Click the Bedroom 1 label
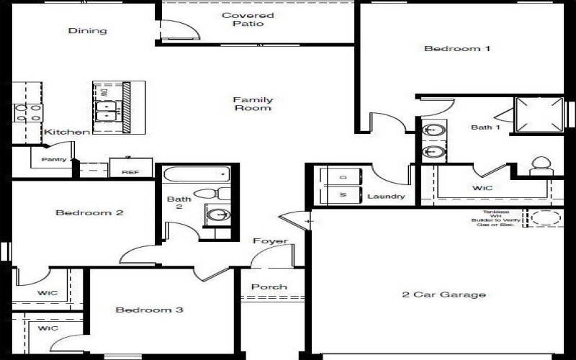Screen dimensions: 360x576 (457, 49)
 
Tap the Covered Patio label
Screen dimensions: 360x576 (248, 19)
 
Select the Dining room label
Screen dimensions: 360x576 (88, 31)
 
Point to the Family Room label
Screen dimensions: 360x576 (253, 104)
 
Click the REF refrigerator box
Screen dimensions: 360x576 (130, 171)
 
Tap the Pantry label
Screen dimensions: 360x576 (54, 159)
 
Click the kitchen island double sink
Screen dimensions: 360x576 (108, 110)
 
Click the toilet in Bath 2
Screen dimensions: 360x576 (210, 193)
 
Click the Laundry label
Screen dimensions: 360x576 (386, 196)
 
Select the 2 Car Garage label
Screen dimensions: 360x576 (443, 294)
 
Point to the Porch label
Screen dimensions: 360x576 (269, 287)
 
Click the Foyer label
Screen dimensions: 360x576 (270, 241)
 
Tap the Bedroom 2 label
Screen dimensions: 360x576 (90, 213)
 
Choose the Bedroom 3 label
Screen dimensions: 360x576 (150, 310)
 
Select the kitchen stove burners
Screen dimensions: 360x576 (27, 112)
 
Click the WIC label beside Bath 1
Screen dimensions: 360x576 (482, 189)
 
